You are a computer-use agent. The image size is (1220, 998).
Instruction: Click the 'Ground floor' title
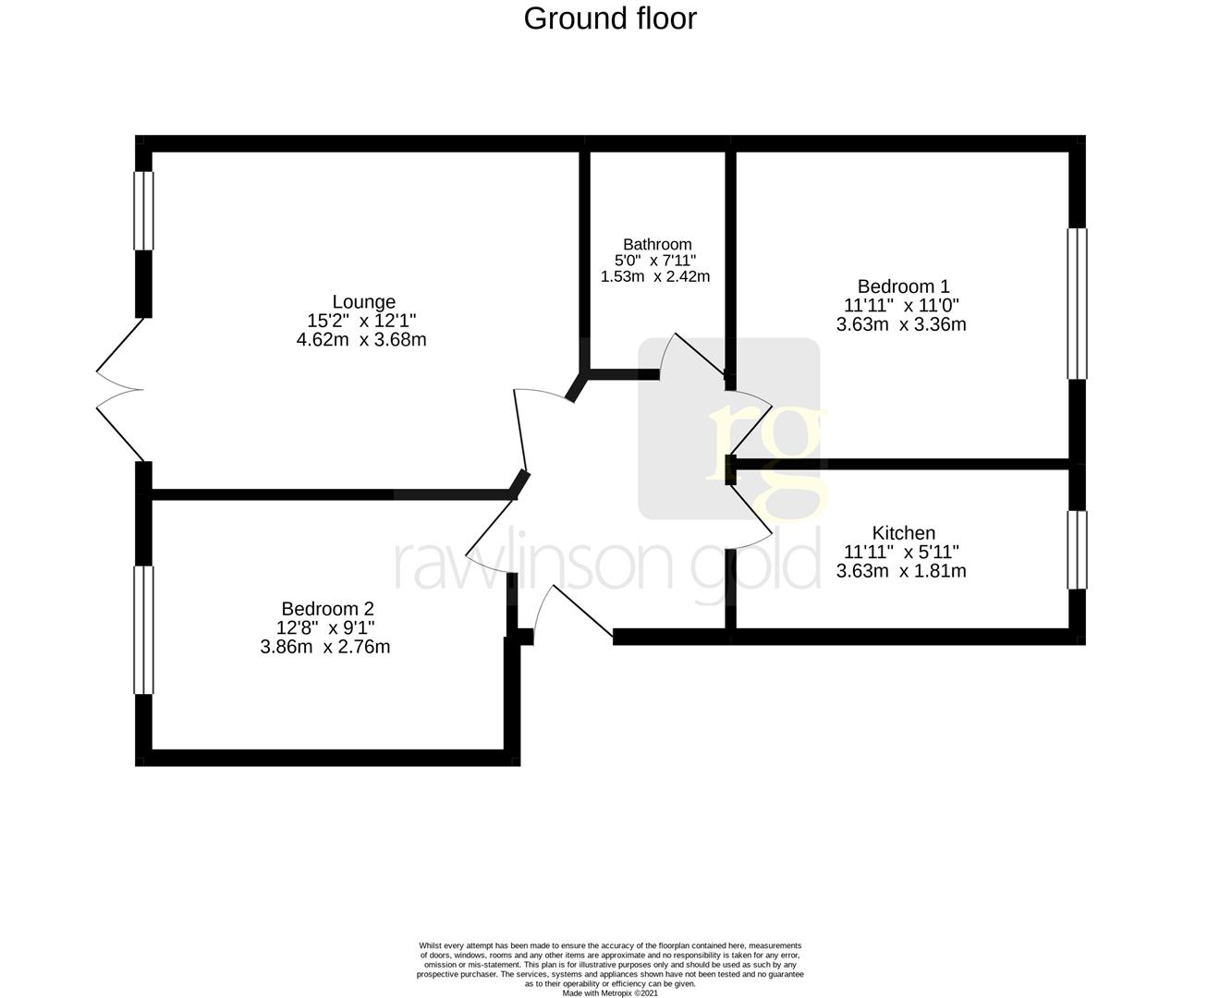[x=610, y=18]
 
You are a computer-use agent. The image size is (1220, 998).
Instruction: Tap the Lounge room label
[x=364, y=301]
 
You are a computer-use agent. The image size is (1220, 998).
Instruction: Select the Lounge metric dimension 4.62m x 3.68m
[x=360, y=339]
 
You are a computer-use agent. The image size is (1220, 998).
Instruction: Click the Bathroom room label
[x=656, y=244]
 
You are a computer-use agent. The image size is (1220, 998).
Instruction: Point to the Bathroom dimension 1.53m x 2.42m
[x=655, y=276]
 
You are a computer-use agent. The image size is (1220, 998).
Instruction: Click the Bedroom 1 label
[x=903, y=286]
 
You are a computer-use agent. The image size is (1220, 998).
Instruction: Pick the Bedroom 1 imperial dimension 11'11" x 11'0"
[x=901, y=306]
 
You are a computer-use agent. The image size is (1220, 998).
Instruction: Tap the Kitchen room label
[x=903, y=533]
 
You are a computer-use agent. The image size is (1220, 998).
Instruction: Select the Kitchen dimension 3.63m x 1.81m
[x=901, y=571]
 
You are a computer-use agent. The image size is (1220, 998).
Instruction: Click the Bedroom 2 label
[x=327, y=609]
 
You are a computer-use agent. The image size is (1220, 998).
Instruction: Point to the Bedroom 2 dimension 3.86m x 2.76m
[x=325, y=647]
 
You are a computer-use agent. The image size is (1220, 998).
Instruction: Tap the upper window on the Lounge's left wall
[x=143, y=211]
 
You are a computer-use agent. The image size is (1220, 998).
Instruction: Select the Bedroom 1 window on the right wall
[x=1077, y=304]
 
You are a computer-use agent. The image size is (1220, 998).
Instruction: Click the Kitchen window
[x=1077, y=550]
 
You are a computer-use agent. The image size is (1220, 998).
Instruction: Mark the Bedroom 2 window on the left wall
[x=143, y=629]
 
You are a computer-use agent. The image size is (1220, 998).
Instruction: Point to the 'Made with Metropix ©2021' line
[x=610, y=993]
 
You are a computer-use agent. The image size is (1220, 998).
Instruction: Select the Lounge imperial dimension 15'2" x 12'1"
[x=361, y=321]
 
